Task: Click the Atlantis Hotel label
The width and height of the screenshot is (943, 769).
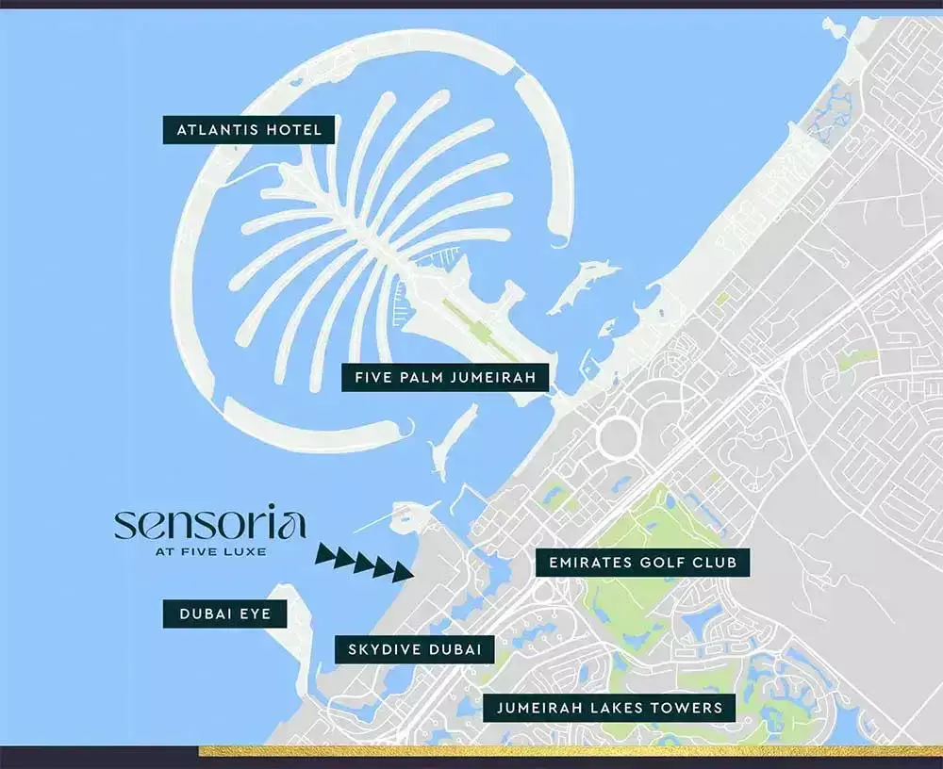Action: [249, 129]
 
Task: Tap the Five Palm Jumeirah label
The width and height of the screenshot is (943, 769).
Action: [445, 379]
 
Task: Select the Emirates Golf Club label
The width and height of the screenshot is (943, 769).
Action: [642, 564]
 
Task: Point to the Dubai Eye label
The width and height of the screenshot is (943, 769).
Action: [225, 614]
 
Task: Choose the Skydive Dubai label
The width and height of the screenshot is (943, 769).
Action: [415, 649]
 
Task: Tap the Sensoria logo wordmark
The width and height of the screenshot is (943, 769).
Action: [209, 524]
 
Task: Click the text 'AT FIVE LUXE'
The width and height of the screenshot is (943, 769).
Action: [209, 551]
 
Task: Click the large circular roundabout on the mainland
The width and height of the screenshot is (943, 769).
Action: [619, 438]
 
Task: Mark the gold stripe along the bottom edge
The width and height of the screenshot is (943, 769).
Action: [566, 751]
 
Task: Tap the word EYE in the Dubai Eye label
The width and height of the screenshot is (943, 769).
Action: [254, 614]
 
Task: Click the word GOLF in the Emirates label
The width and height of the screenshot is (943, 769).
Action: [658, 564]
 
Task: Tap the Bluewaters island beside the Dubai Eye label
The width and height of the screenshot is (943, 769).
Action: [296, 622]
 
